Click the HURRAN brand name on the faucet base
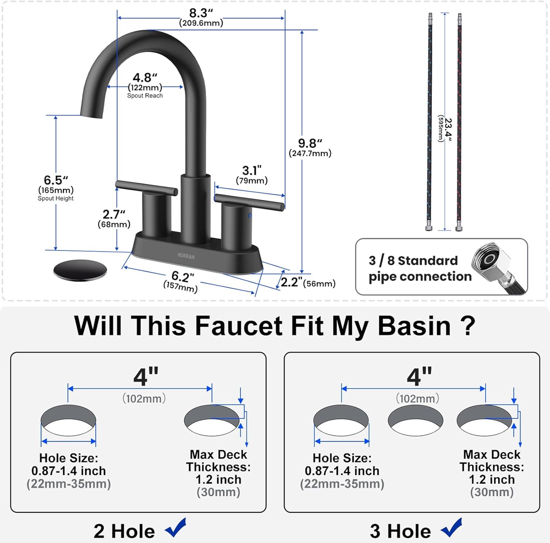pos(186,256)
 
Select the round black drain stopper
pos(80,270)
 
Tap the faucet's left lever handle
pos(146,187)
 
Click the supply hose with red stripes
pos(459,121)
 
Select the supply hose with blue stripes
pos(429,121)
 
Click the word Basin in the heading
pos(414,326)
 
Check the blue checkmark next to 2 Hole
pos(176,528)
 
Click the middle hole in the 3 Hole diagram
pos(415,420)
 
